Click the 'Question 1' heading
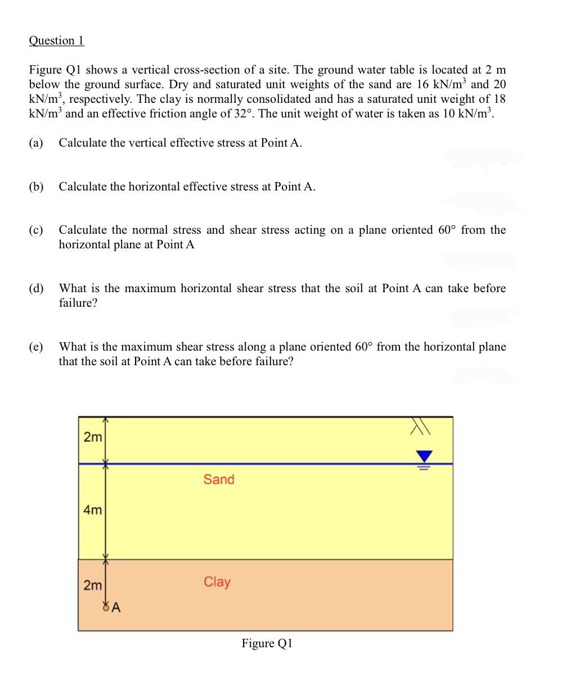tap(56, 40)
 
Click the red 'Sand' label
tap(219, 479)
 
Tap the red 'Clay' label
tap(217, 581)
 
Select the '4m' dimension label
tap(92, 510)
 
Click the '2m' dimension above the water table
tap(92, 437)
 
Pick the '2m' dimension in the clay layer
tap(92, 585)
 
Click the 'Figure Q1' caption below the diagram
tap(267, 643)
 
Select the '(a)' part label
tap(36, 143)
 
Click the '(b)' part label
tap(36, 187)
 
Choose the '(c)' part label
tap(36, 230)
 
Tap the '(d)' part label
tap(36, 289)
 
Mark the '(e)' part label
tap(36, 347)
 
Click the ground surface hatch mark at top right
tap(420, 426)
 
